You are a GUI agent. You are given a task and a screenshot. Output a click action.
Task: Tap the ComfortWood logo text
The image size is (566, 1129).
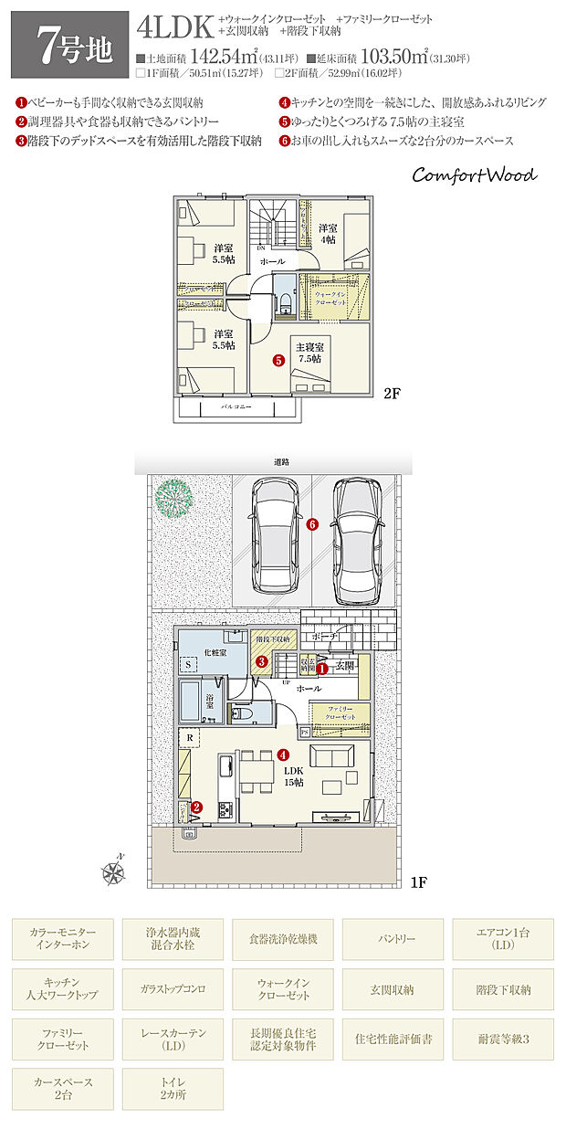click(474, 174)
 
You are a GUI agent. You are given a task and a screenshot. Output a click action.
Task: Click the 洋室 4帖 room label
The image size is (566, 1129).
click(327, 233)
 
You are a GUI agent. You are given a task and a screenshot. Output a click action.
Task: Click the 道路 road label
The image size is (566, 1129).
click(280, 463)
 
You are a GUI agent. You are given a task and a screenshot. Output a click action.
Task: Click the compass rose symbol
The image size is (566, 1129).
click(114, 873)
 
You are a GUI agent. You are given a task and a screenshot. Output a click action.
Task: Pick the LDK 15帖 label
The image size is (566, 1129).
click(294, 777)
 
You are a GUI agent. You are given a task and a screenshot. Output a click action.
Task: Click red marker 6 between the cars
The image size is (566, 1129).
click(311, 524)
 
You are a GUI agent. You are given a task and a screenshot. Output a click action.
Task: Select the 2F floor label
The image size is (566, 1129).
click(392, 395)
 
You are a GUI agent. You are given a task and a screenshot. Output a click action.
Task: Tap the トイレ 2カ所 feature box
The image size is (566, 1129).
click(173, 1088)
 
